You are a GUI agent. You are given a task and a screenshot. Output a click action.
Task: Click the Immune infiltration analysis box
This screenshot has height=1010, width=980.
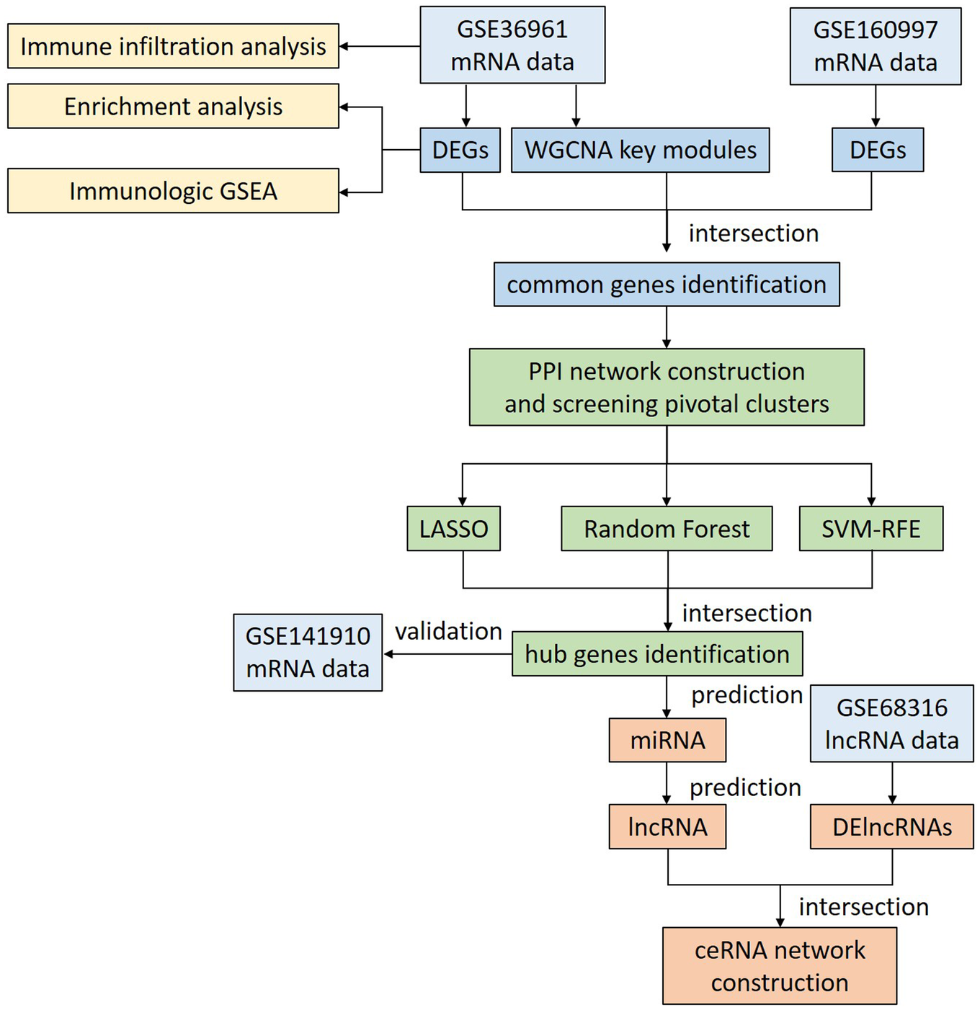point(173,46)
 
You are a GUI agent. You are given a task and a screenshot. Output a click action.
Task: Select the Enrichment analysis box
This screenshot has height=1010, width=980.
point(173,106)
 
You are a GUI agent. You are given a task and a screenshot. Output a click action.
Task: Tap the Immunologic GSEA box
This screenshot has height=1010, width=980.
point(173,191)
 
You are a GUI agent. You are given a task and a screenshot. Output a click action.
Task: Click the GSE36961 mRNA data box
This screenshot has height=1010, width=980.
point(512,45)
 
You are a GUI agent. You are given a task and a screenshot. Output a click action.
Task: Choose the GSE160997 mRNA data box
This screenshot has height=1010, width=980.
point(875,46)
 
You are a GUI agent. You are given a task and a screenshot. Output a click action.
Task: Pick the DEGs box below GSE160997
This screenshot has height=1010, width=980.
point(877,150)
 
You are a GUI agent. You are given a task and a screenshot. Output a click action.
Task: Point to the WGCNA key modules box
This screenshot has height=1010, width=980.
point(640,150)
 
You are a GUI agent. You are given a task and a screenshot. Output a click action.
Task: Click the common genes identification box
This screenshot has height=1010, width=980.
point(667,285)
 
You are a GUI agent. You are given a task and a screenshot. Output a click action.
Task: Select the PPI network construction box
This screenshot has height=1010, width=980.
point(667,388)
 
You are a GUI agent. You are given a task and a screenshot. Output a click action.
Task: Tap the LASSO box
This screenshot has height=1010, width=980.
point(453,529)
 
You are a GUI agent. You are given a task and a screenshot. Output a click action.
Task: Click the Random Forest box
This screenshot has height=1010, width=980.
point(667,529)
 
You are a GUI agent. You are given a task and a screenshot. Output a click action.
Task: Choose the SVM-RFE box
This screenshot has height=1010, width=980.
point(870,529)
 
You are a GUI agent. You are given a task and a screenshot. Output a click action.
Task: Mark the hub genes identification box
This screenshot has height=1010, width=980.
point(657,654)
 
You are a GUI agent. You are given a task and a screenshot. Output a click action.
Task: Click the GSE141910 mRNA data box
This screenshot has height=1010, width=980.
point(308,653)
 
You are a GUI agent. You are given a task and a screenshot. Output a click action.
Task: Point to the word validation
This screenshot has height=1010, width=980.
point(448,631)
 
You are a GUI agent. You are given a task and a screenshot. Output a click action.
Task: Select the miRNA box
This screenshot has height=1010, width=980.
point(667,741)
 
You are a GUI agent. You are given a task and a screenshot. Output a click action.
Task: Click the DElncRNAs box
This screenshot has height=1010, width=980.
point(891,827)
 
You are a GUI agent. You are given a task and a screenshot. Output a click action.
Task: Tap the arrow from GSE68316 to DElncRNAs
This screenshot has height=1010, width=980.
point(892,784)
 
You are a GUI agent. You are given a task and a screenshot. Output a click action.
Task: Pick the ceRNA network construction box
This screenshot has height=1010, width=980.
point(780,966)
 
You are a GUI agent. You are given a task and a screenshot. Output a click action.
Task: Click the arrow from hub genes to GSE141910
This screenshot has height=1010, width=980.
point(447,654)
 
